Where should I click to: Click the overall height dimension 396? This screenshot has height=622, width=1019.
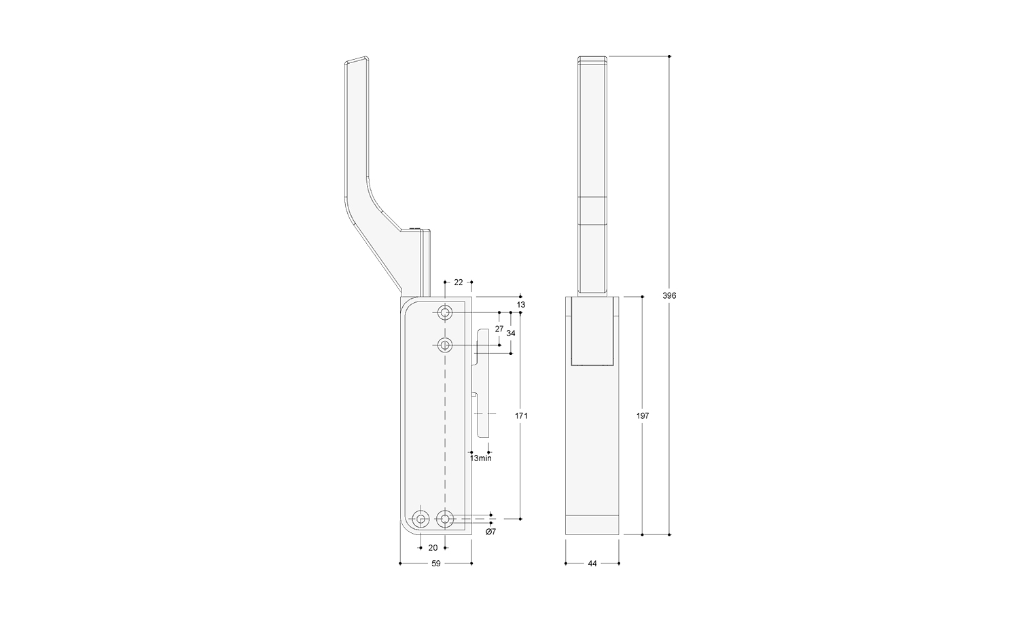point(669,295)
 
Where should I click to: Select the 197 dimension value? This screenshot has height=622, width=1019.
point(643,416)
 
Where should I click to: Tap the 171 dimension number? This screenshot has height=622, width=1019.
point(522,416)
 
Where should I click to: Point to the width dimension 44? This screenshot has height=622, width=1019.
point(592,564)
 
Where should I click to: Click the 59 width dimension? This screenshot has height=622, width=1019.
point(436,564)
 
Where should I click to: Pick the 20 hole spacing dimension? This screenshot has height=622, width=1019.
point(433,547)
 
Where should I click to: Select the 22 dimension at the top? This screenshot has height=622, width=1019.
point(459,282)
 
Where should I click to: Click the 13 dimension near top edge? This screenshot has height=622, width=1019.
point(521,306)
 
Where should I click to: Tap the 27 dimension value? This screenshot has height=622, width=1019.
point(499,329)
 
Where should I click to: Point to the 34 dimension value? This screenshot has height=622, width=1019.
point(511,333)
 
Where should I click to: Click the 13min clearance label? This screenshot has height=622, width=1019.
point(481,458)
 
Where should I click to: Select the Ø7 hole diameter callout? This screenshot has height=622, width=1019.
point(490,532)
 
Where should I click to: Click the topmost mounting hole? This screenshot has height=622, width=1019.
point(445,313)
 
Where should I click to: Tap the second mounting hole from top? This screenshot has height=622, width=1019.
point(445,345)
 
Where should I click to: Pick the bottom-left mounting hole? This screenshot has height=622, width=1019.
point(421,519)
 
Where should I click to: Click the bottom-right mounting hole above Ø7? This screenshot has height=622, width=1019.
point(445,519)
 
